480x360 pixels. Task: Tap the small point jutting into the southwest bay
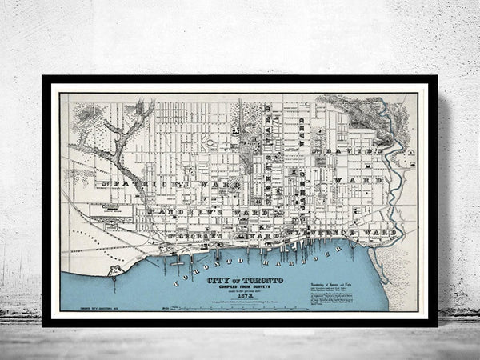point(117,270)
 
